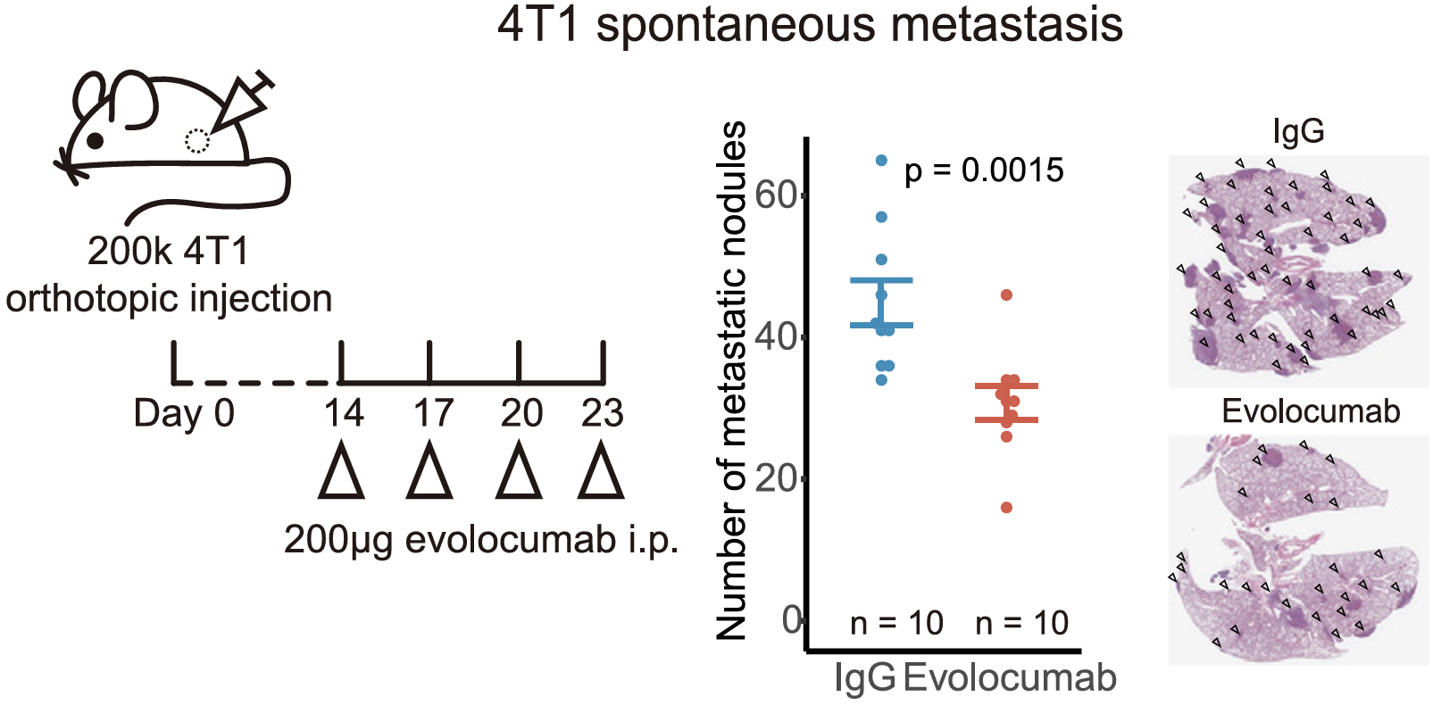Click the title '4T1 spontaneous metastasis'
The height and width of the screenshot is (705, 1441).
point(810,24)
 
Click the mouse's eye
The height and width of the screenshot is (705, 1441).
point(96,140)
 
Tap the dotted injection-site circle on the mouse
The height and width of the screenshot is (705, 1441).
point(196,141)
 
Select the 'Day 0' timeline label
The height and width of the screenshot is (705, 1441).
point(184,413)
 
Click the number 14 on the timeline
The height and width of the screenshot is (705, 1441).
point(344,413)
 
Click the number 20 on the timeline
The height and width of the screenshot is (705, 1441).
point(521,413)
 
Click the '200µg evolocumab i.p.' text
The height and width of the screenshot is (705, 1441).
point(481,540)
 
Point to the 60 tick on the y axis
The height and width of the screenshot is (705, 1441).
point(775,195)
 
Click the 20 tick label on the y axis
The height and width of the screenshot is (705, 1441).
point(775,478)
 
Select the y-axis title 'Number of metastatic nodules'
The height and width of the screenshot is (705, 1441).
point(732,381)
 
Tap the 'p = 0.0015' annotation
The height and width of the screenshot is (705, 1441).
point(984,170)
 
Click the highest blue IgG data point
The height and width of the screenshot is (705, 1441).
point(881,161)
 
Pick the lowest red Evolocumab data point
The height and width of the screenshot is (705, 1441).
point(1006,508)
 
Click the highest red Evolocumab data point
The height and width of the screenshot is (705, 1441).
point(1006,295)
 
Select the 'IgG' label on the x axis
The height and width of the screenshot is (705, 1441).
point(864,678)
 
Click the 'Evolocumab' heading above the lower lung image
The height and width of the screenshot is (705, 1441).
point(1310,411)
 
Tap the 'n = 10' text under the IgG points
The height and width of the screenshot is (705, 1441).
point(896,623)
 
